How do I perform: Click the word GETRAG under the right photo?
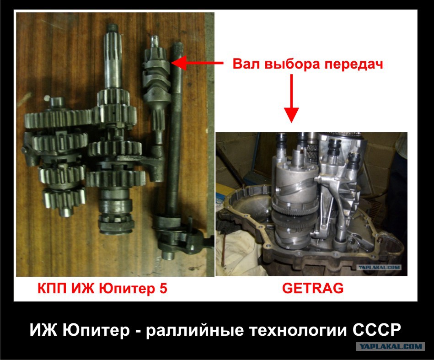(313, 288)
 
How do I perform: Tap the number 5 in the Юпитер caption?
(163, 288)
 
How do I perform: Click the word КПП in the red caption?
(52, 288)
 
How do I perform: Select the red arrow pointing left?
(197, 63)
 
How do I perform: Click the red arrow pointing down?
(291, 98)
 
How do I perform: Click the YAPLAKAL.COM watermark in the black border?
(391, 346)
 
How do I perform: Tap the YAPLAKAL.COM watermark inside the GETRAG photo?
(379, 268)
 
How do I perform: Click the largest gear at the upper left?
(58, 118)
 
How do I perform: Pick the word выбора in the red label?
(293, 64)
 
